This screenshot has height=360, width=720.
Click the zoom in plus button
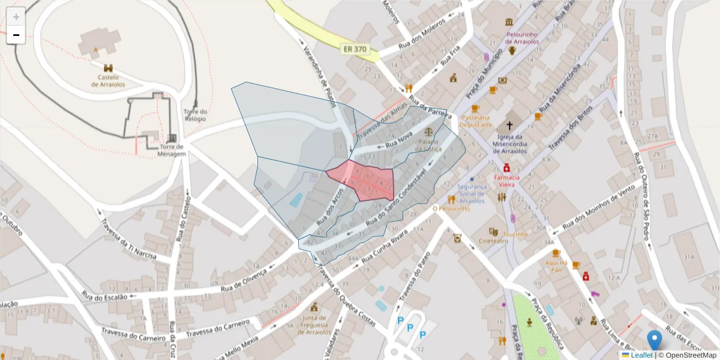[x=16, y=17]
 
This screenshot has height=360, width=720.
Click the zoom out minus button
[x=16, y=35]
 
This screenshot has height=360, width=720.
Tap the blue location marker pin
[x=654, y=340]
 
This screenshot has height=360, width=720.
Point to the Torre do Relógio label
[x=195, y=115]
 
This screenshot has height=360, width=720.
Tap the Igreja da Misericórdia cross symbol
[x=509, y=125]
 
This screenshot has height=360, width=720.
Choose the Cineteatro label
[x=493, y=241]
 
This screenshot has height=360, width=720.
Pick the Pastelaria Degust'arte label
[x=476, y=121]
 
